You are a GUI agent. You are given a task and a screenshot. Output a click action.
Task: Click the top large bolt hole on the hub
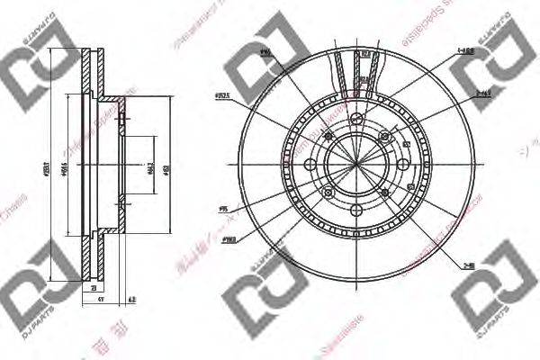pos(356,121)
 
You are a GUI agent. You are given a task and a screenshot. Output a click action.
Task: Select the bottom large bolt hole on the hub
pos(356,207)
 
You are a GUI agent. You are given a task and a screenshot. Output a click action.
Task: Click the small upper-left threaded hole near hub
pos(327,136)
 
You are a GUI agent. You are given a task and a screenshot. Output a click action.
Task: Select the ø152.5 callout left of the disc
pos(222,93)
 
